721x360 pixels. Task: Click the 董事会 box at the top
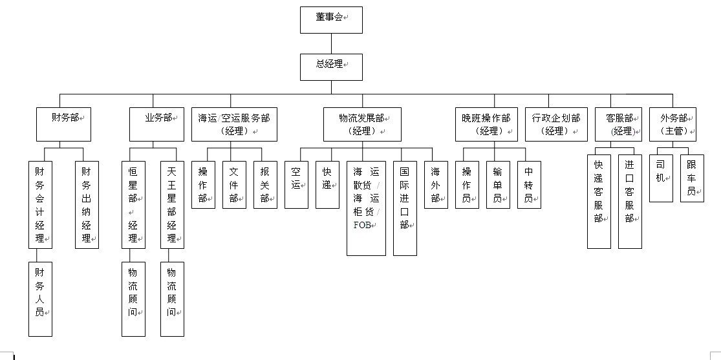pyautogui.click(x=331, y=19)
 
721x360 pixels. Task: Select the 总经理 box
pyautogui.click(x=331, y=67)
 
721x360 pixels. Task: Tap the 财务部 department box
pyautogui.click(x=63, y=124)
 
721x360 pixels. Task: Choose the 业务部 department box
pyautogui.click(x=157, y=124)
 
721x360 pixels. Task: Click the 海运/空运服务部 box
pyautogui.click(x=234, y=124)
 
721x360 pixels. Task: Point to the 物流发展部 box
pyautogui.click(x=362, y=124)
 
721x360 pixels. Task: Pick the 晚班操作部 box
pyautogui.click(x=486, y=124)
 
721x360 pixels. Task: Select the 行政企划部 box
pyautogui.click(x=556, y=124)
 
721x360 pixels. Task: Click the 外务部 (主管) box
pyautogui.click(x=673, y=124)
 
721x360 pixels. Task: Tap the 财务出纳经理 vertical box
pyautogui.click(x=87, y=204)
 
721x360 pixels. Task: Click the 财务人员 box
pyautogui.click(x=40, y=299)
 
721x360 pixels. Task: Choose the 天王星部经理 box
pyautogui.click(x=172, y=204)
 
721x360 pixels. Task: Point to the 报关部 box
pyautogui.click(x=265, y=185)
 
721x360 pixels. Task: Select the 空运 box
pyautogui.click(x=296, y=185)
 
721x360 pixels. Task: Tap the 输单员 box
pyautogui.click(x=498, y=185)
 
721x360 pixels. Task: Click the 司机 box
pyautogui.click(x=661, y=177)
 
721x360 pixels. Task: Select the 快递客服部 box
pyautogui.click(x=599, y=200)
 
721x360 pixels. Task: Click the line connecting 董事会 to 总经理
pyautogui.click(x=331, y=43)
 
